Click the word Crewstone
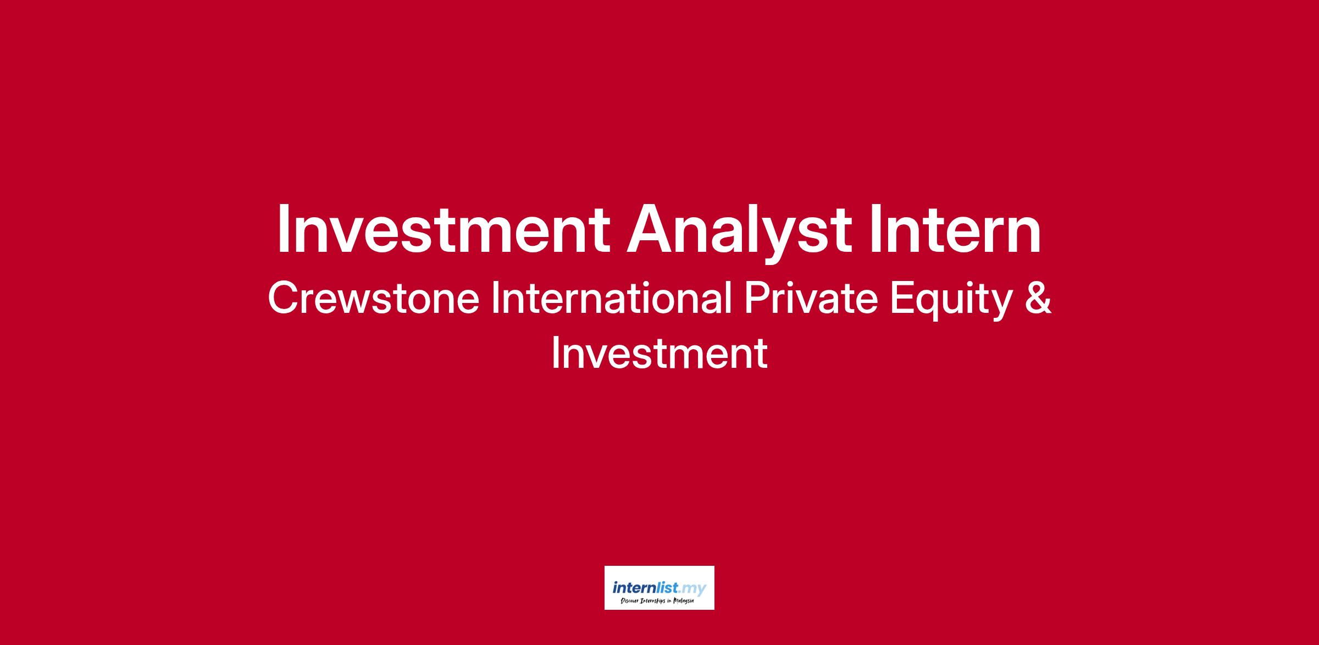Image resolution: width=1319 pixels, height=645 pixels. tap(373, 298)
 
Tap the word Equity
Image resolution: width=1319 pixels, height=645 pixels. tap(951, 302)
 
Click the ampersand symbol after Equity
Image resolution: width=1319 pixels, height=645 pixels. tap(1038, 298)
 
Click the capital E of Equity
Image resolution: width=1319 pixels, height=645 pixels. tap(902, 298)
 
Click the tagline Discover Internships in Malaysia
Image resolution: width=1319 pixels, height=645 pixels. tap(657, 602)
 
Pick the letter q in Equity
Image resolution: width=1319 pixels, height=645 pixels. tap(934, 307)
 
